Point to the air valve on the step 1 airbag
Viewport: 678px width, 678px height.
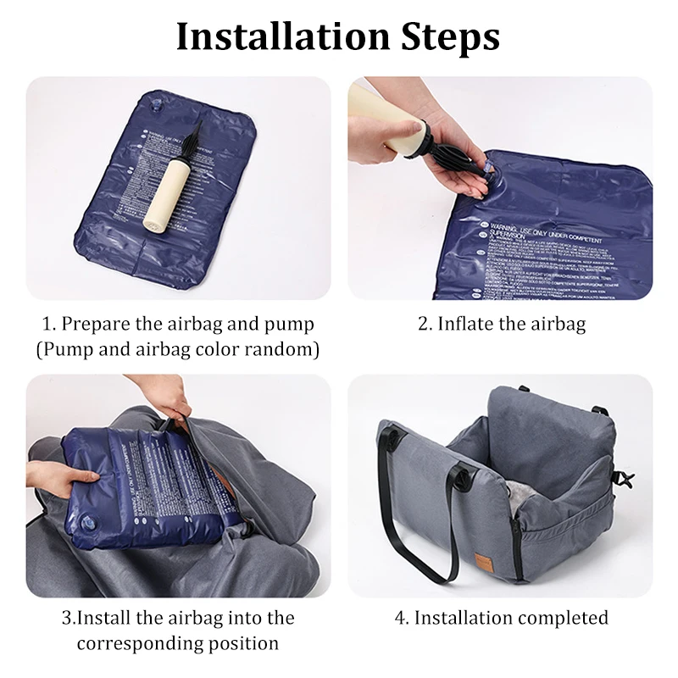point(156,107)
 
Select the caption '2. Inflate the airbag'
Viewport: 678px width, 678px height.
point(501,324)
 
